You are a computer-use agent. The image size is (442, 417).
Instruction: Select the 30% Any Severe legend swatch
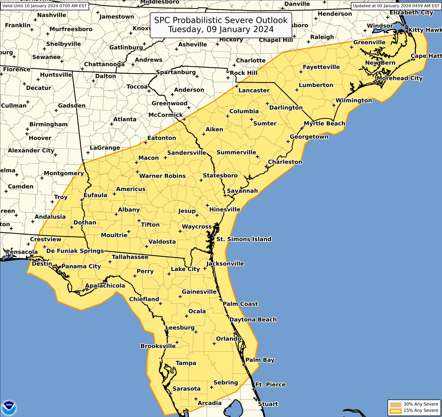pyautogui.click(x=396, y=404)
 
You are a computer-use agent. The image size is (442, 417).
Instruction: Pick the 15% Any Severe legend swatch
pyautogui.click(x=396, y=411)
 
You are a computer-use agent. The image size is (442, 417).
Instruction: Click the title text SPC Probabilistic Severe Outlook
pyautogui.click(x=221, y=20)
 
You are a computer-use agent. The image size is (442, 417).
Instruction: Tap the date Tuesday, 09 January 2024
pyautogui.click(x=221, y=29)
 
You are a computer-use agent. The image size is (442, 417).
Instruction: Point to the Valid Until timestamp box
pyautogui.click(x=45, y=6)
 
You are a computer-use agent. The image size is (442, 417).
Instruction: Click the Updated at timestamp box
pyautogui.click(x=396, y=6)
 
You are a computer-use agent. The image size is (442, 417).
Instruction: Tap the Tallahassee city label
pyautogui.click(x=130, y=257)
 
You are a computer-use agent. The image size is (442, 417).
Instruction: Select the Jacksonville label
pyautogui.click(x=225, y=264)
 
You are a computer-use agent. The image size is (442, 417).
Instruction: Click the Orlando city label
pyautogui.click(x=229, y=339)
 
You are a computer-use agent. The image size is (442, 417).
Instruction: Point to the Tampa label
pyautogui.click(x=186, y=363)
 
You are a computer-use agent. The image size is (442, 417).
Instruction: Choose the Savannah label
pyautogui.click(x=242, y=191)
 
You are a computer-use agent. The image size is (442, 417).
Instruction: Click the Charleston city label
pyautogui.click(x=285, y=162)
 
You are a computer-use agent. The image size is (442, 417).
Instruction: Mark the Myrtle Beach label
pyautogui.click(x=325, y=124)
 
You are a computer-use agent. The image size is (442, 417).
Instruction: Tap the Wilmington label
pyautogui.click(x=354, y=100)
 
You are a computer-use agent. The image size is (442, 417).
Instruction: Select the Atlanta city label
pyautogui.click(x=125, y=119)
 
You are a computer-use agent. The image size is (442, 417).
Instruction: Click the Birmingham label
pyautogui.click(x=49, y=124)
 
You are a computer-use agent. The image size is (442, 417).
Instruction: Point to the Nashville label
pyautogui.click(x=52, y=15)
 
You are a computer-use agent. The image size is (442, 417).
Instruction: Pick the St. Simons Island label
pyautogui.click(x=244, y=239)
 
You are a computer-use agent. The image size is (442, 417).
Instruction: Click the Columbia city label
pyautogui.click(x=244, y=111)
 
